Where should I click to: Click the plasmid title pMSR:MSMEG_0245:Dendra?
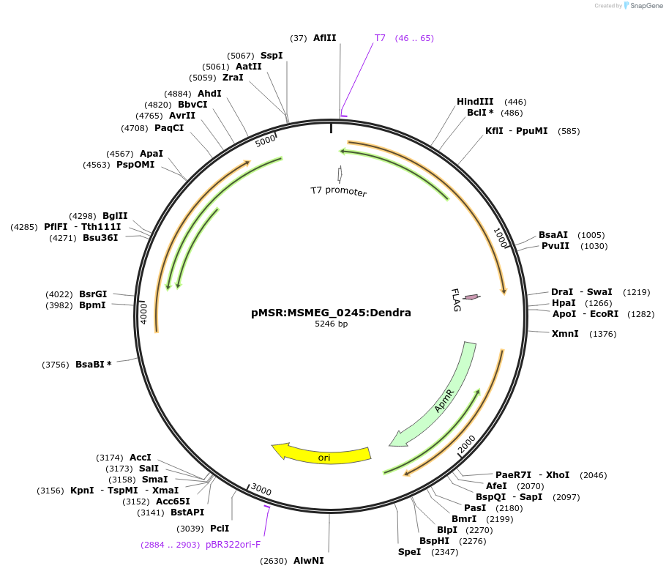click(331, 313)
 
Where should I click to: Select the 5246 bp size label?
click(331, 324)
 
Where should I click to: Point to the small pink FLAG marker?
click(472, 297)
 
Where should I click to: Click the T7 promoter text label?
click(338, 192)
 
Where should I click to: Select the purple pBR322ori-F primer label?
click(233, 545)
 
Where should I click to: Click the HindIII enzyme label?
click(475, 102)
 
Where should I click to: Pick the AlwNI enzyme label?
click(308, 561)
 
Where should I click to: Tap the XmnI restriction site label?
click(565, 334)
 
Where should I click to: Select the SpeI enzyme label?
click(410, 552)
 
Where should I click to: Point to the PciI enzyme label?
click(220, 528)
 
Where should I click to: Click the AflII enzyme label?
click(324, 38)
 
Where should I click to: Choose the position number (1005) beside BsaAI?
click(591, 235)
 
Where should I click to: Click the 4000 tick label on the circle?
click(144, 313)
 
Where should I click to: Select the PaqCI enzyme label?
click(169, 128)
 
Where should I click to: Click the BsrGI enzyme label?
click(93, 294)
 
